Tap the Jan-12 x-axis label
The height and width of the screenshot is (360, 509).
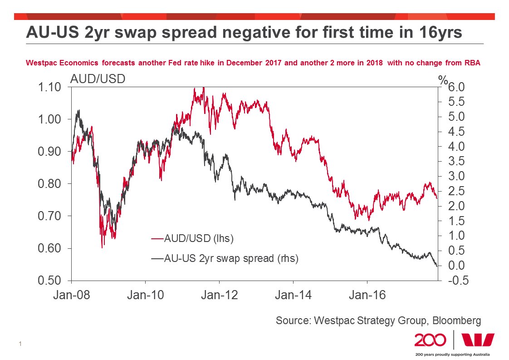coord(220,296)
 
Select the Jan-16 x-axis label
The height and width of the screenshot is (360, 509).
coord(367,296)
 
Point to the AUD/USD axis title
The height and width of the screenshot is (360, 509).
coord(98,79)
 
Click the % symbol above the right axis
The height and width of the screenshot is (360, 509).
coord(442,80)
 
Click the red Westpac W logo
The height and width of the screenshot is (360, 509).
coord(478,340)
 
